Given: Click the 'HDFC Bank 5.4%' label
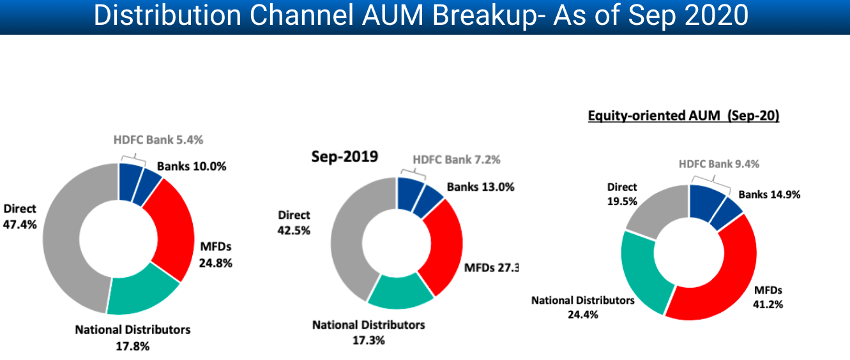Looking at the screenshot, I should coord(158,139).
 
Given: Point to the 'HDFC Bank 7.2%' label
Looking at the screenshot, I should coord(457,160).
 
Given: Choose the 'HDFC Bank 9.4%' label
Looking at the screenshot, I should coord(718,164).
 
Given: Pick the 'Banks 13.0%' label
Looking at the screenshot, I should coord(480,187).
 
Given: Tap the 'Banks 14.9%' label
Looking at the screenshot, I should coord(770,194).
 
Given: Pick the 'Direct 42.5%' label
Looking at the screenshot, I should coord(294,222).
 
